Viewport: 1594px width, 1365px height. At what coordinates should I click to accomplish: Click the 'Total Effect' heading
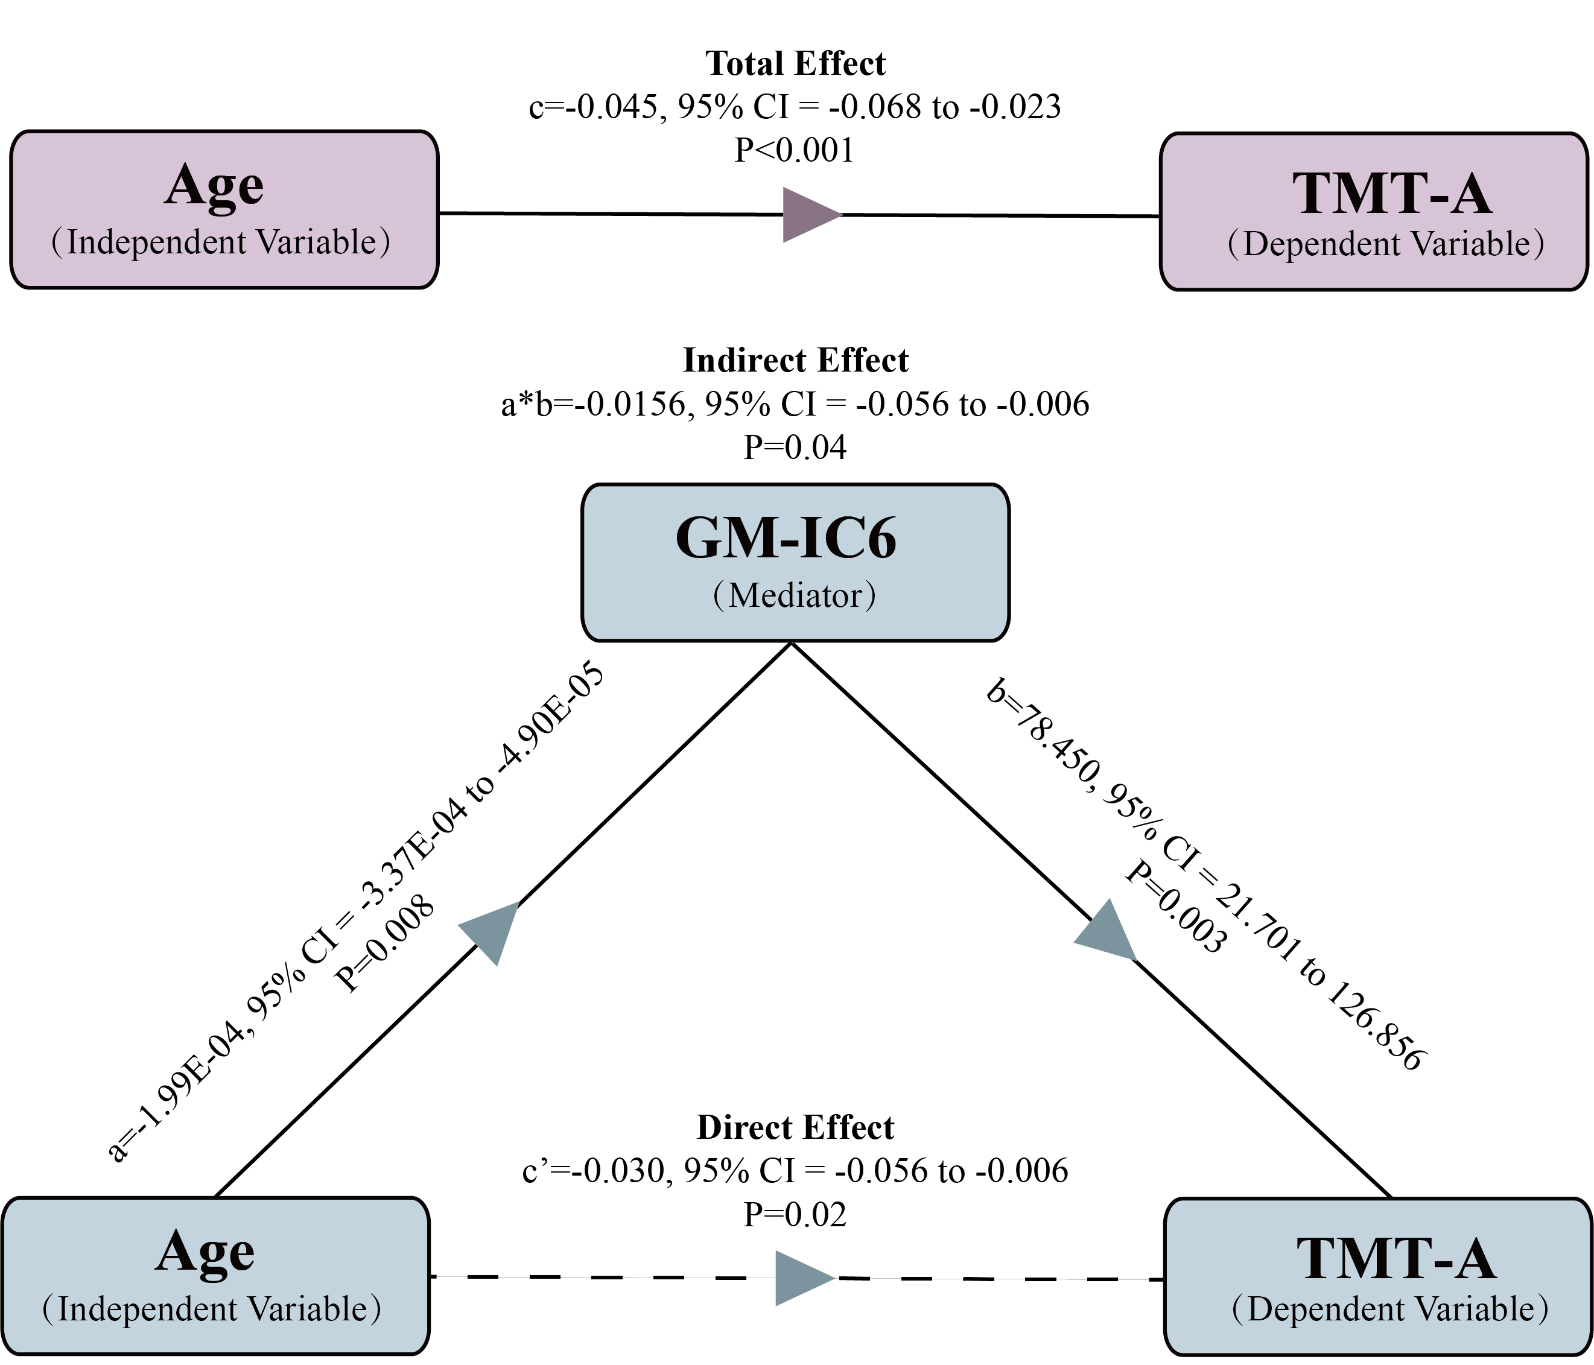point(795,64)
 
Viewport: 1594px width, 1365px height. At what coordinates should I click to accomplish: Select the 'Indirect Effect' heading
point(795,360)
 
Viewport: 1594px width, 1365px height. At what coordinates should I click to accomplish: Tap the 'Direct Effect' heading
point(795,1127)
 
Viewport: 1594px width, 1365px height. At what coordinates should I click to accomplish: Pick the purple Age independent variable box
point(224,209)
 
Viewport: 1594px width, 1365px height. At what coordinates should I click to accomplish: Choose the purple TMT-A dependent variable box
point(1373,212)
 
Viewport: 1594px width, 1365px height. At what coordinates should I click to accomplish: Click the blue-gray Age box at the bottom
point(215,1276)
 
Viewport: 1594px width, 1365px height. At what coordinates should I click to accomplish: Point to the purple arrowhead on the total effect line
point(808,215)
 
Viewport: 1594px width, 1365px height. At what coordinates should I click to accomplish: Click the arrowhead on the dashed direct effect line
point(800,1278)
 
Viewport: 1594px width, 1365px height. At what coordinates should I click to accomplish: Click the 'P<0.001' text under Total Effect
point(794,150)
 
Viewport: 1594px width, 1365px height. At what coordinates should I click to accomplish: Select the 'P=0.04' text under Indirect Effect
point(795,447)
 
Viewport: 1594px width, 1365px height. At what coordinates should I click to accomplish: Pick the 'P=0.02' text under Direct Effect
point(795,1214)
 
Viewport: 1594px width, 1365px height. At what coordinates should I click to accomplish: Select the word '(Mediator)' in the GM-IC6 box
point(795,595)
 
